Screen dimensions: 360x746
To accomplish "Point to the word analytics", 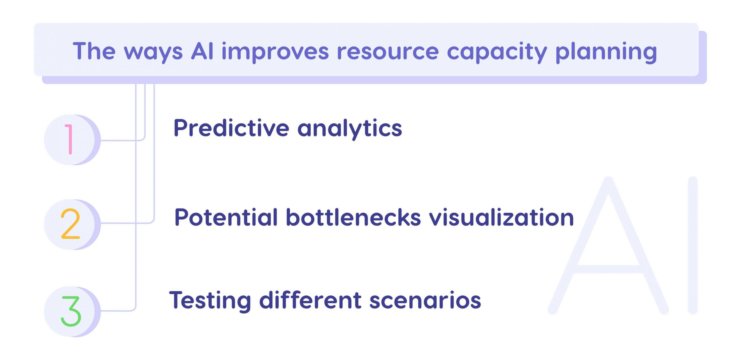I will (350, 129).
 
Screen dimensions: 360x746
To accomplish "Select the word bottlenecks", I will (353, 218).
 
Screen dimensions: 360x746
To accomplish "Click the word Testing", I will (210, 301).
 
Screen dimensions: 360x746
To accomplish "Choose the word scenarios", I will (425, 301).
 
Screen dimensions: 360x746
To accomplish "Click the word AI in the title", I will (202, 51).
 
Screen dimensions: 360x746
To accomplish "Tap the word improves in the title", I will (275, 52).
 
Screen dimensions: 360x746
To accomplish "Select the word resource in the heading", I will (388, 52).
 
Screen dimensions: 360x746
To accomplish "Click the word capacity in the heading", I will (497, 52).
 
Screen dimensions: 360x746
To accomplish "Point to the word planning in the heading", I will (606, 52).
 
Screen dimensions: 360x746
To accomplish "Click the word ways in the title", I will (153, 52).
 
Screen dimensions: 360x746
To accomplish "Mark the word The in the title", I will (94, 51).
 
